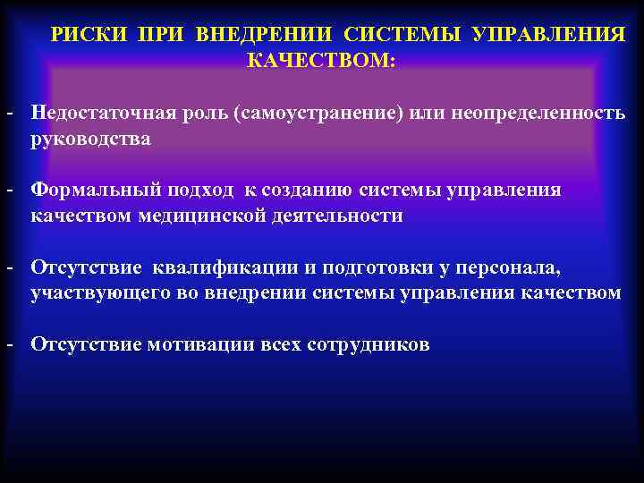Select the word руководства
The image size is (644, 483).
point(90,140)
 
